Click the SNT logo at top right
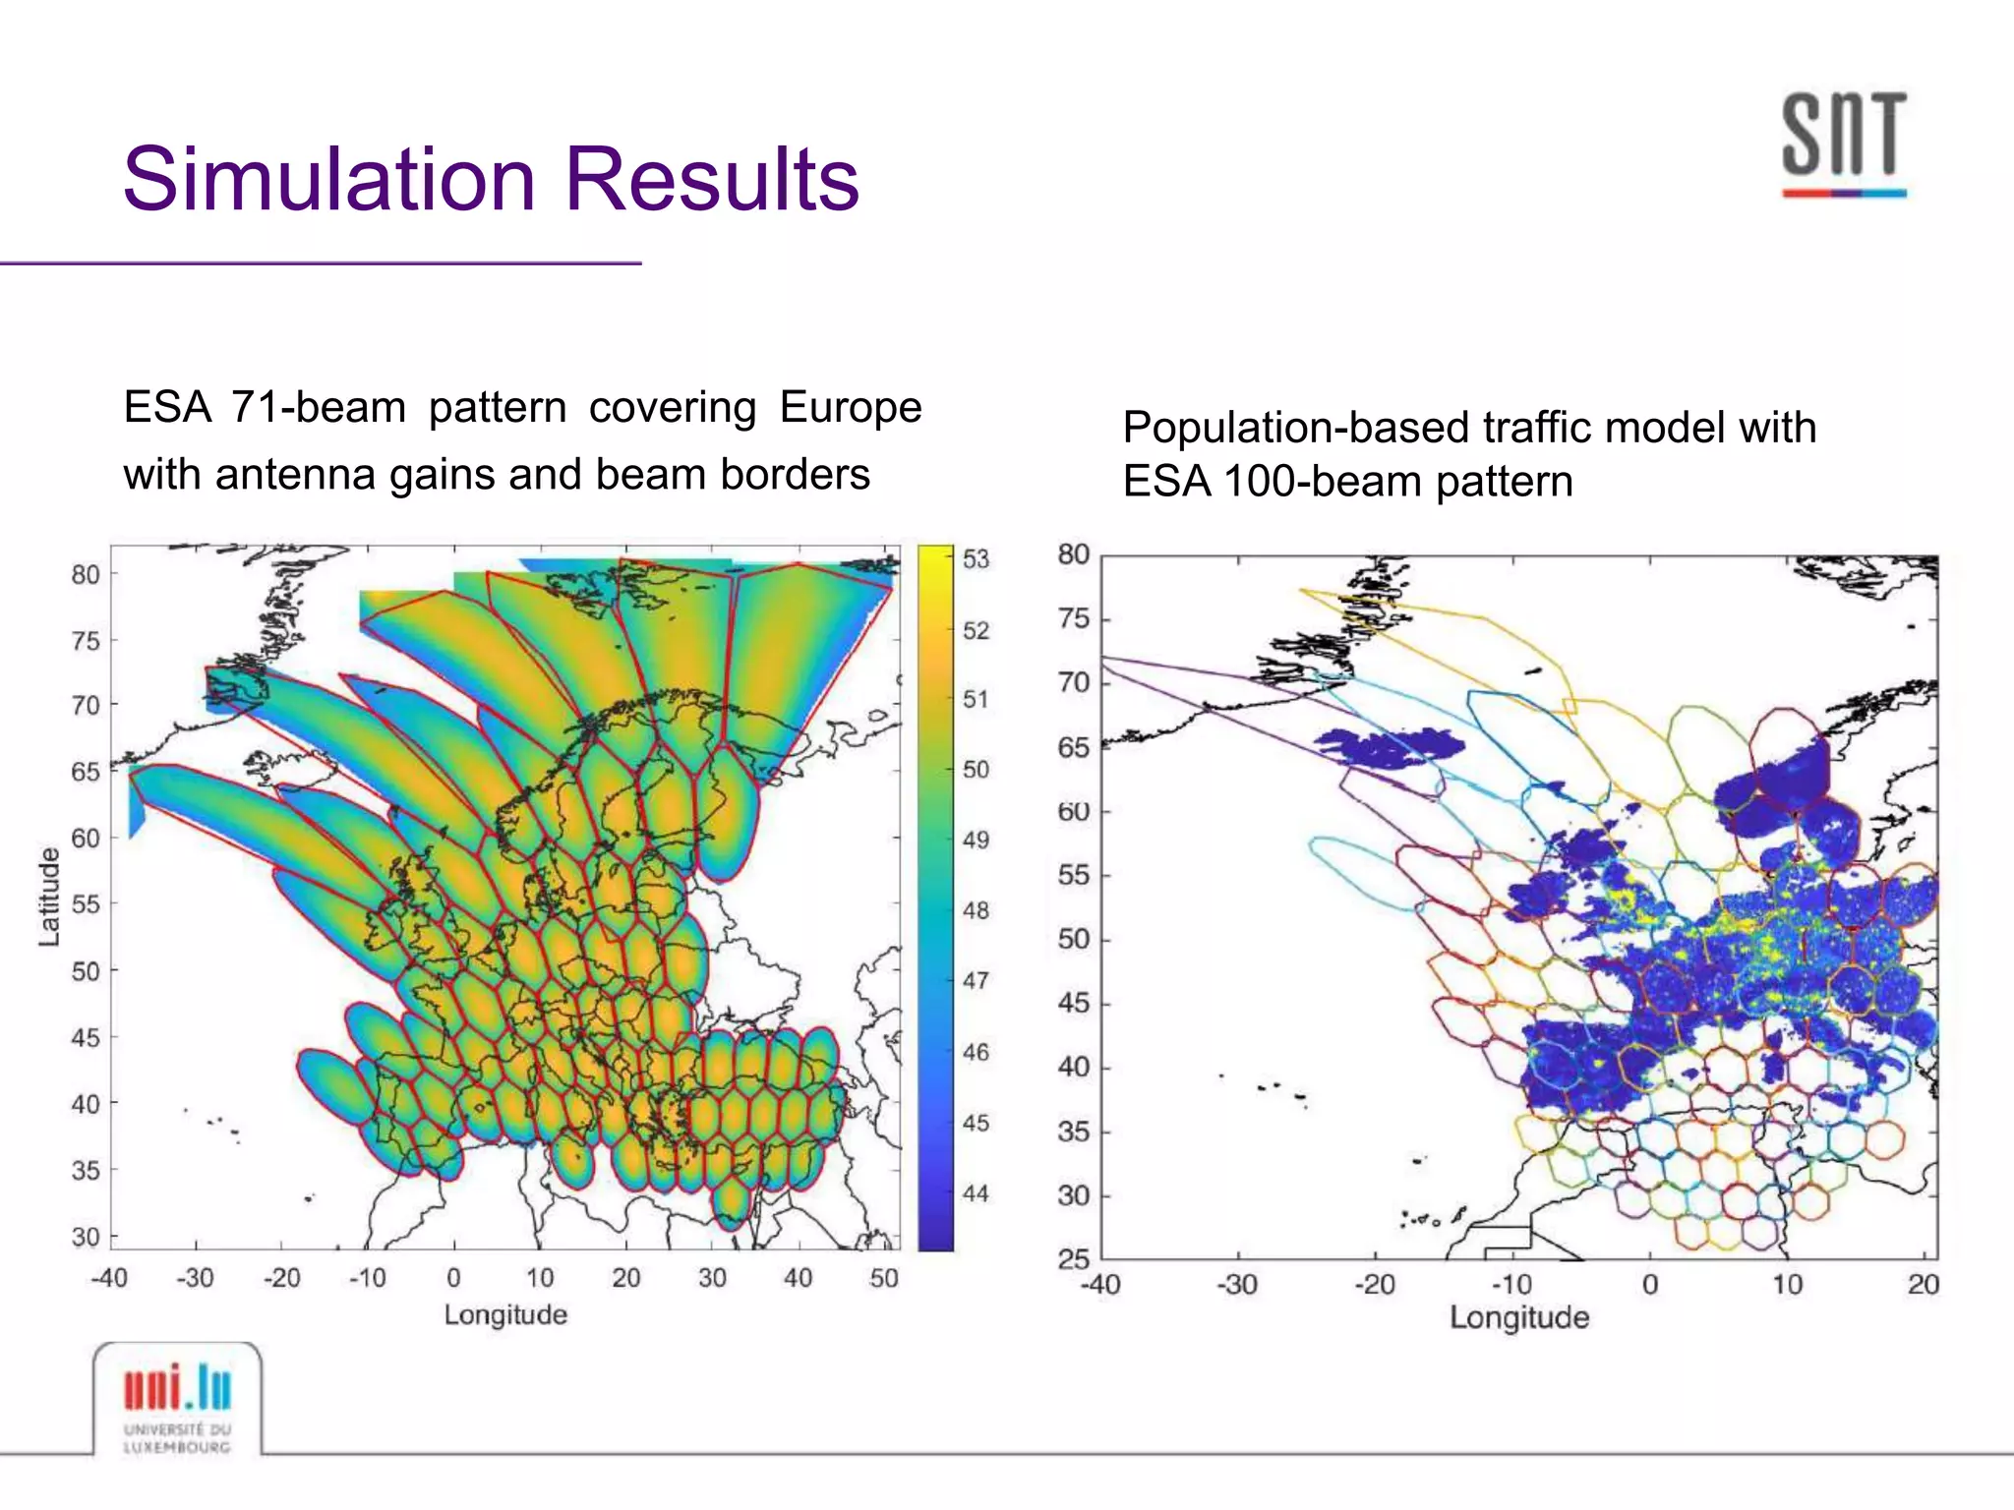[x=1844, y=143]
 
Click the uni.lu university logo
[x=178, y=1400]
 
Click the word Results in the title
[x=712, y=179]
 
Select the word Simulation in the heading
[x=329, y=179]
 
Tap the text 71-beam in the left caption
[x=318, y=407]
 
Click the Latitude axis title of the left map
[x=49, y=897]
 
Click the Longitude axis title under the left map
[x=505, y=1315]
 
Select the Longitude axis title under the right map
[x=1518, y=1318]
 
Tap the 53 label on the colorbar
[x=976, y=559]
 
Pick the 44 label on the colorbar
[x=976, y=1193]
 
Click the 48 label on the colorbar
[x=976, y=910]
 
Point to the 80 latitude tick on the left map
[x=86, y=574]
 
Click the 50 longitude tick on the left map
[x=883, y=1278]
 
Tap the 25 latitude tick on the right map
[x=1074, y=1259]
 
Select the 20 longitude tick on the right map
[x=1923, y=1285]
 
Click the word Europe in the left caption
[x=851, y=407]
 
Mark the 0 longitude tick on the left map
[x=453, y=1278]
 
